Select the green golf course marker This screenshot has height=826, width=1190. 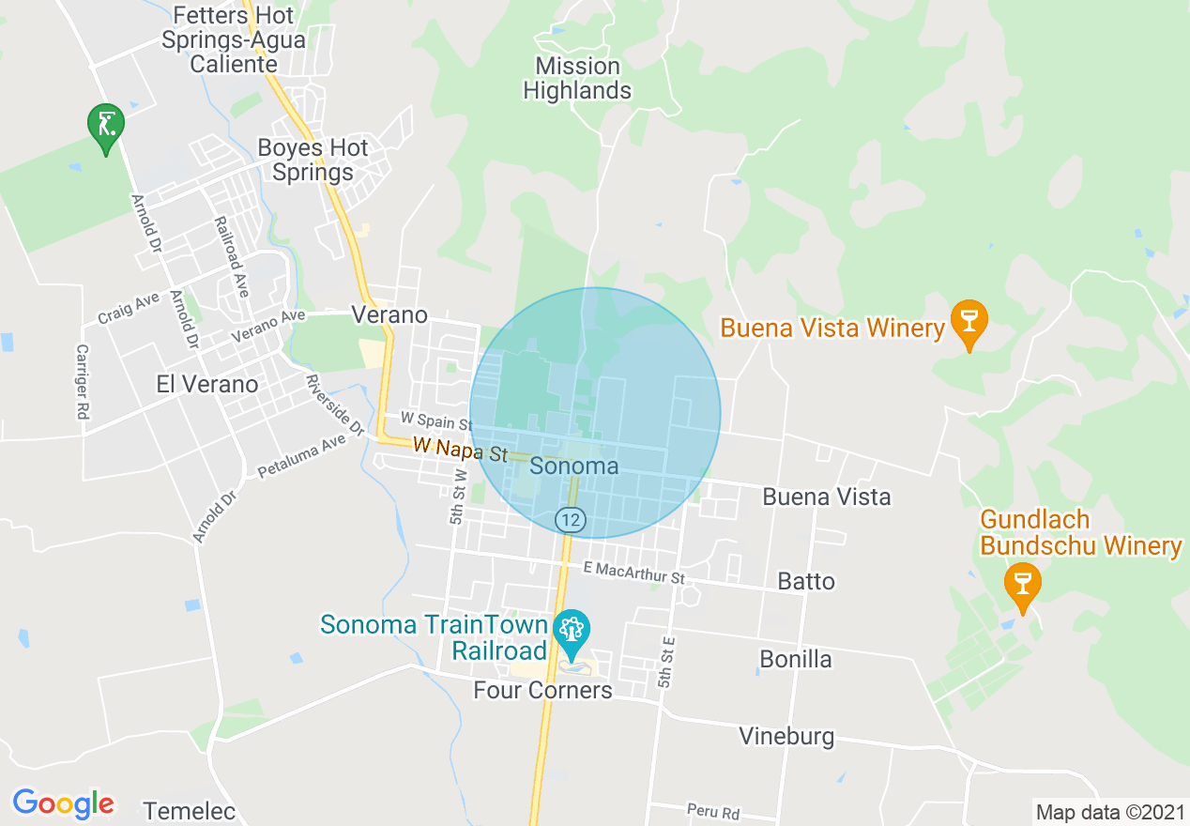(x=106, y=126)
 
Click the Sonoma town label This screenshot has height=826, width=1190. (x=574, y=467)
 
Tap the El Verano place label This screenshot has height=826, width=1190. (x=207, y=384)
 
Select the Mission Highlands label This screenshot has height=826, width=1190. (x=577, y=79)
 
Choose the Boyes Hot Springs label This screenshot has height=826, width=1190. (x=313, y=161)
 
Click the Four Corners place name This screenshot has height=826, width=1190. (x=542, y=691)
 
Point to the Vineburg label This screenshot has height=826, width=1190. (x=786, y=736)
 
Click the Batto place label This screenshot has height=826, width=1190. (x=806, y=582)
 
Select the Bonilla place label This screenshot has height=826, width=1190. (x=796, y=659)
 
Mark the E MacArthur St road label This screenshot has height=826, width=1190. (x=634, y=573)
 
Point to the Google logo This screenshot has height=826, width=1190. (x=63, y=803)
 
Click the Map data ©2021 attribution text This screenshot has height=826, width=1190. (x=1108, y=812)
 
